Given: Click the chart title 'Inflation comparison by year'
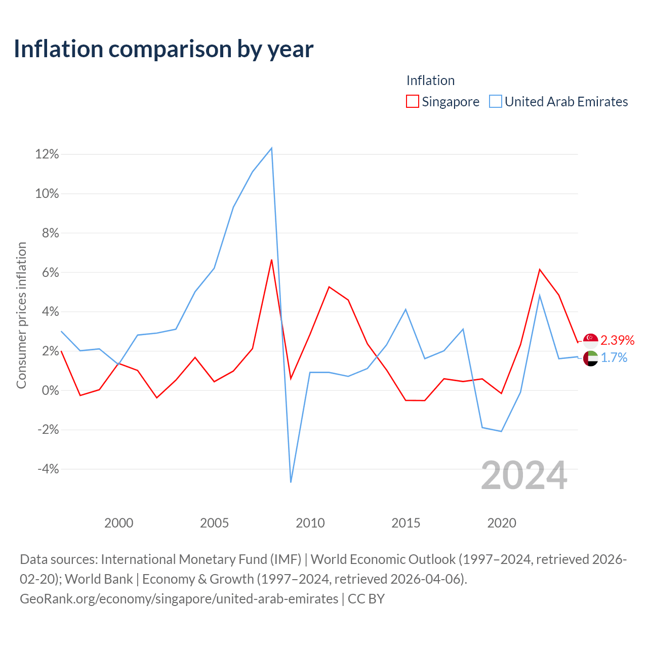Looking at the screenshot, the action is (164, 49).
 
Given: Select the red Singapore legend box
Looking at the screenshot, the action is (412, 101).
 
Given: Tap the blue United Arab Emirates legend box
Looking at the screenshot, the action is (495, 101).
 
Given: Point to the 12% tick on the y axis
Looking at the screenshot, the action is (47, 154).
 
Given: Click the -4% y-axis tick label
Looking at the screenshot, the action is (48, 469).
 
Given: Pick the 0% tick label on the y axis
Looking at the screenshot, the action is (51, 390).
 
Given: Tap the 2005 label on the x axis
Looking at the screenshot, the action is (214, 523).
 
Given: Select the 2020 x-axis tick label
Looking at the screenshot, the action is (501, 523).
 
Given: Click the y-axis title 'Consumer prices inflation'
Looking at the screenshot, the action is (22, 315).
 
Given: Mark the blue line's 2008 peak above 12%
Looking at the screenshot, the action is (271, 148).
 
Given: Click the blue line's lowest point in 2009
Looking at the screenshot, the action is (291, 482).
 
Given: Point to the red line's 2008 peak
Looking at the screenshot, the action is (271, 260).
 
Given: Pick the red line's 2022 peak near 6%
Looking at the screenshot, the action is (540, 269).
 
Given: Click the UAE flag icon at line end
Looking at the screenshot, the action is (590, 358).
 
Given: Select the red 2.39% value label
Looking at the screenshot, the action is (618, 340).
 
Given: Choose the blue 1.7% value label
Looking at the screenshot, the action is (614, 358).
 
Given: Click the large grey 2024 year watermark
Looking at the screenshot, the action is (524, 475).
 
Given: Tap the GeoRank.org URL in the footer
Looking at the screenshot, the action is (179, 598).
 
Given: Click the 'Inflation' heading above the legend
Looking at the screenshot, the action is (430, 80).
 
